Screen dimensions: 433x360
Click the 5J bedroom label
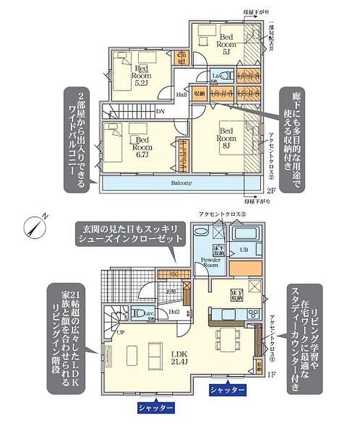click(x=225, y=41)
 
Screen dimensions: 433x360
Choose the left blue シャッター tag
click(x=156, y=408)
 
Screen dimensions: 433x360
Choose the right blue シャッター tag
click(x=227, y=389)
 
